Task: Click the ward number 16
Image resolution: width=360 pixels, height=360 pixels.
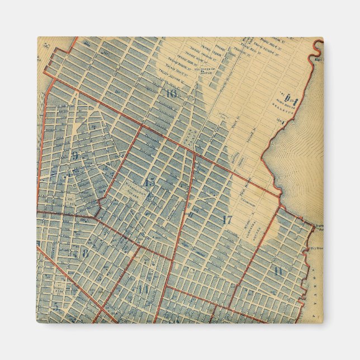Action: click(171, 93)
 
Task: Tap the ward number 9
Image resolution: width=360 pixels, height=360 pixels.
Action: click(74, 156)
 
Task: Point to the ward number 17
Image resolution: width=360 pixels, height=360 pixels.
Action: click(226, 220)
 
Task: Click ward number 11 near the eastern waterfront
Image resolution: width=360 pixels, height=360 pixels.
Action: click(278, 272)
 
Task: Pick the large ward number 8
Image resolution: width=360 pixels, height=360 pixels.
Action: click(85, 252)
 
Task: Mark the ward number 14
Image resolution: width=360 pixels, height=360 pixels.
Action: click(143, 290)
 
